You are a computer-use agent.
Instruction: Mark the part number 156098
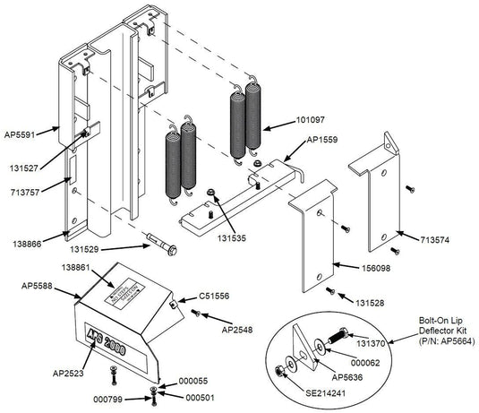coord(356,266)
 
